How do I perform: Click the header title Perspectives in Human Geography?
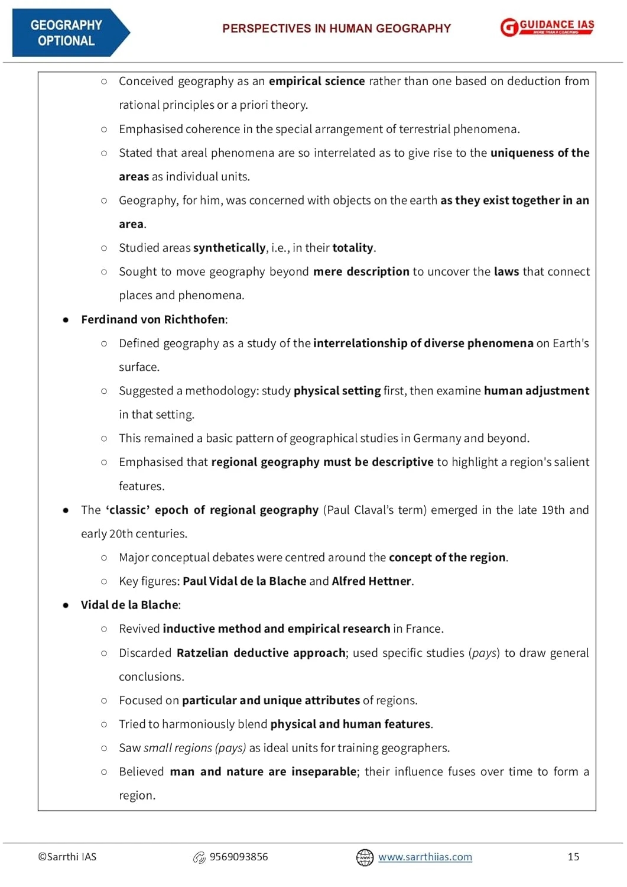click(336, 28)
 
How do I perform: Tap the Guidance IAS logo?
click(547, 27)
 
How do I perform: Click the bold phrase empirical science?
click(317, 81)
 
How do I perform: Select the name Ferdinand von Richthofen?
click(153, 319)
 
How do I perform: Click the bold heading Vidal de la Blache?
click(131, 605)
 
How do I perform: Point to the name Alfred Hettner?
click(371, 581)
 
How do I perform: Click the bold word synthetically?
click(229, 248)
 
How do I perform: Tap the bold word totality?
click(353, 248)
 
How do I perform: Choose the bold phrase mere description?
click(361, 271)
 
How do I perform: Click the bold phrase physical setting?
click(337, 391)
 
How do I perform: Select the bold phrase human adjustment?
click(536, 391)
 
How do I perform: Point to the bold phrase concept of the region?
click(447, 558)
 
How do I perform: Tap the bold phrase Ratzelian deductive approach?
click(261, 653)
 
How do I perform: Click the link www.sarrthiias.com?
click(425, 857)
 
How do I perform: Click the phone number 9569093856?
click(239, 857)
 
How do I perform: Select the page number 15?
click(573, 857)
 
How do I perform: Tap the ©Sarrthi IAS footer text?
click(67, 857)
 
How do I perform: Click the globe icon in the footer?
click(365, 857)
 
